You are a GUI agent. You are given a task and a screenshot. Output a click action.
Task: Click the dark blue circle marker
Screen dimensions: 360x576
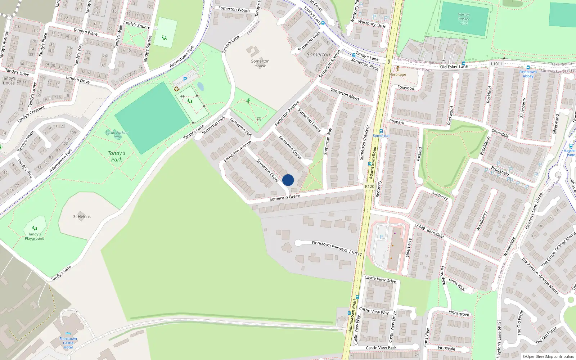click(x=288, y=180)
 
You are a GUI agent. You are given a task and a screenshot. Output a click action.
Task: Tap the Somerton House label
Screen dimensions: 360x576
click(x=260, y=63)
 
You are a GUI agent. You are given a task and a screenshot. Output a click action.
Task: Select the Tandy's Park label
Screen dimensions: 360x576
click(x=117, y=156)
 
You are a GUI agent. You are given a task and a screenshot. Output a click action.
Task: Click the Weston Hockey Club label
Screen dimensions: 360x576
click(x=464, y=19)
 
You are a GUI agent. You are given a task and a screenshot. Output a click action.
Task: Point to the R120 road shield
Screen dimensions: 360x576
click(x=369, y=186)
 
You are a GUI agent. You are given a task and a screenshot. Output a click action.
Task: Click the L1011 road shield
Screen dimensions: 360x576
click(x=496, y=64)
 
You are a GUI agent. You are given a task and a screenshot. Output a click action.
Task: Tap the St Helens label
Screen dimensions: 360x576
click(x=82, y=217)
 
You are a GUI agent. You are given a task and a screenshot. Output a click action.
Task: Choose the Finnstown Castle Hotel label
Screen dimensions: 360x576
click(x=68, y=343)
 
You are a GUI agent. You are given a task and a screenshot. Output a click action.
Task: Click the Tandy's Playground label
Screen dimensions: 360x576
click(x=35, y=236)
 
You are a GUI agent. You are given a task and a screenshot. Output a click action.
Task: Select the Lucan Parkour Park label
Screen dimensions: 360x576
click(x=117, y=135)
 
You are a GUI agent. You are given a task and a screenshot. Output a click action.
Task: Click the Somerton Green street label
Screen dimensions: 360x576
click(x=285, y=197)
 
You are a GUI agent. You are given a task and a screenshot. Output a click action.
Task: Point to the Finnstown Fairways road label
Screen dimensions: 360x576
click(x=329, y=246)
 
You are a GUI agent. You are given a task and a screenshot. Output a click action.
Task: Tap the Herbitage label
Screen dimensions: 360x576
click(x=397, y=75)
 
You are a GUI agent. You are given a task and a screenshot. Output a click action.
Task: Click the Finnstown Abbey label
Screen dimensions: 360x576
click(x=528, y=74)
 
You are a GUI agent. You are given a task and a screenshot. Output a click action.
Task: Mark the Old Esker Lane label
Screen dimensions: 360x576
click(x=454, y=67)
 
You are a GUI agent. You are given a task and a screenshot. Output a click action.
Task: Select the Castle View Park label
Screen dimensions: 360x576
click(x=381, y=348)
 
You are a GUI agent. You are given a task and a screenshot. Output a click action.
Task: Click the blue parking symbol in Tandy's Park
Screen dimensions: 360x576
click(x=185, y=79)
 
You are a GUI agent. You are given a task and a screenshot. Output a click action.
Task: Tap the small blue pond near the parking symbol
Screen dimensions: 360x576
click(x=201, y=87)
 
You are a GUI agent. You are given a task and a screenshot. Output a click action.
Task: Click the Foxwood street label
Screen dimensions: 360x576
click(x=406, y=88)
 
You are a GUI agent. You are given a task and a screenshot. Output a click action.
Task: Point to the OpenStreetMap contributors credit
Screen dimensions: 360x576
click(x=548, y=356)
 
